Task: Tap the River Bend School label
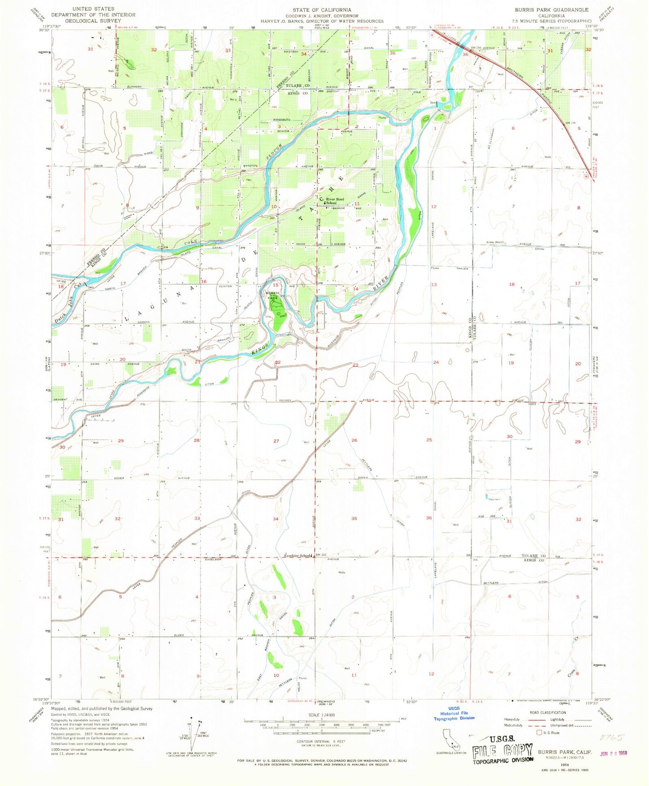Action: coord(335,201)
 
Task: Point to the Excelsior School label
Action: coord(297,556)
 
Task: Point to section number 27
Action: coord(276,441)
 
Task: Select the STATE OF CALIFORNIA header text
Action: coord(322,9)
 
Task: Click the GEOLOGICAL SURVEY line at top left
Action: coord(83,20)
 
